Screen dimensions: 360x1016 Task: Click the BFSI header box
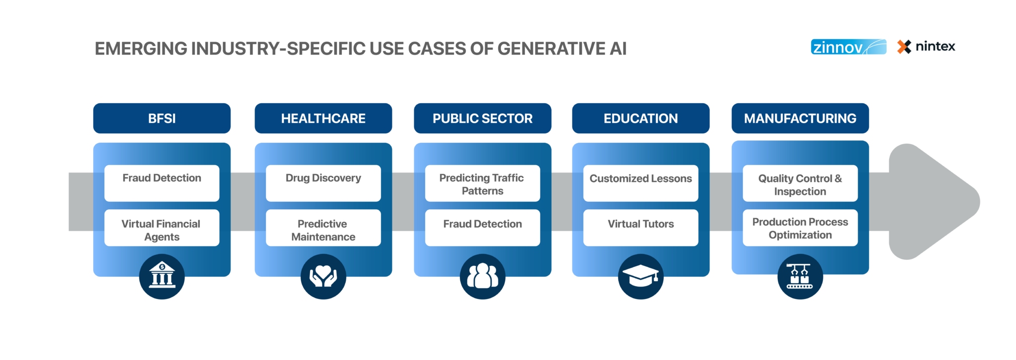click(162, 119)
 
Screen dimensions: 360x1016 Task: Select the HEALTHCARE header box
click(323, 119)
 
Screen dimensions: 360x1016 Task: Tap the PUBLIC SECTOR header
click(482, 119)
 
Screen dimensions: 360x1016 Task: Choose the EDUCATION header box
click(640, 119)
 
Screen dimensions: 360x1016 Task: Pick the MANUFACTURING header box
click(800, 119)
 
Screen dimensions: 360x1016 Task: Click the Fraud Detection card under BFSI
click(162, 183)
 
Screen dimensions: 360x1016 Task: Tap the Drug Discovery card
click(323, 183)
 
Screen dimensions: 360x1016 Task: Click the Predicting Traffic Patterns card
click(482, 183)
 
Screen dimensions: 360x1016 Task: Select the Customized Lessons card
click(640, 183)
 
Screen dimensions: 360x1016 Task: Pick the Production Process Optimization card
click(800, 228)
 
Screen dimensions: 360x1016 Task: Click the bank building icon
click(162, 276)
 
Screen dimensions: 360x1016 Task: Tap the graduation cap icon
click(640, 276)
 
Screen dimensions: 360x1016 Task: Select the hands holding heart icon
click(323, 276)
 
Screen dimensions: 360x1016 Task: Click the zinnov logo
click(848, 47)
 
